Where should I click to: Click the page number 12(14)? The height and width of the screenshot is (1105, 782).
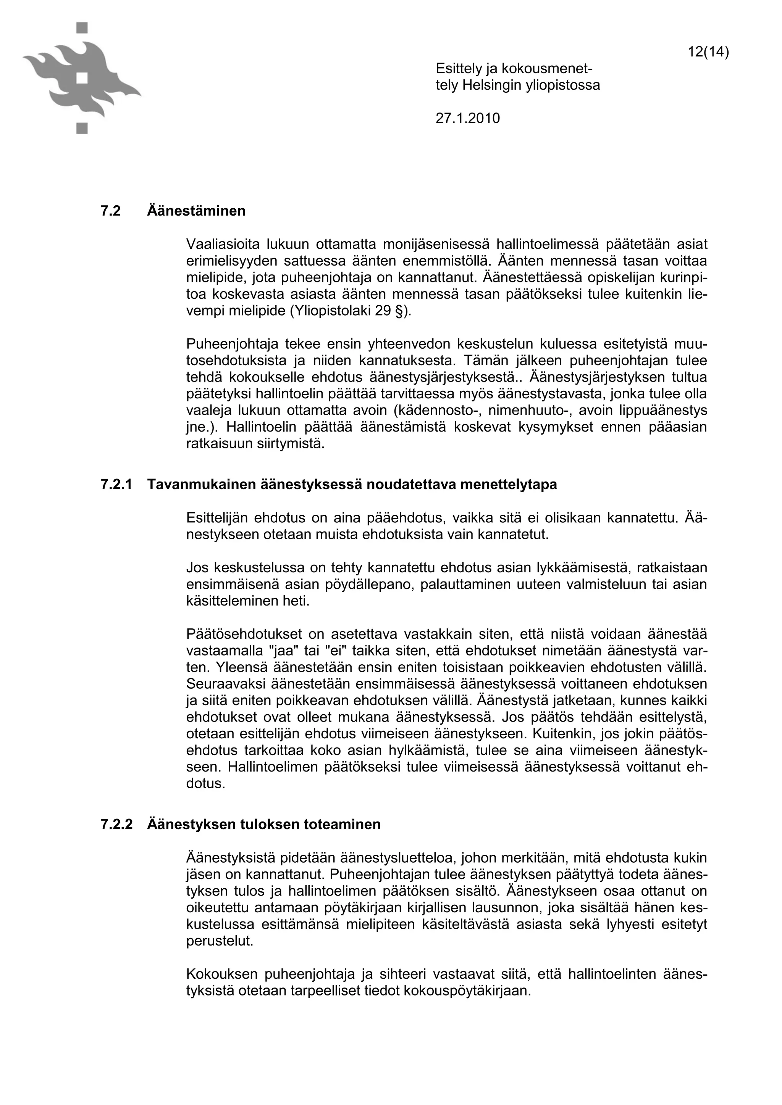pyautogui.click(x=708, y=52)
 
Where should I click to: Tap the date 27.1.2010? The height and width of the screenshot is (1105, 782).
pyautogui.click(x=468, y=118)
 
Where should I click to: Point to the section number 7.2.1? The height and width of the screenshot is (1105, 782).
pyautogui.click(x=116, y=484)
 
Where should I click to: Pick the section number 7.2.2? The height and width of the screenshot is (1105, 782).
pyautogui.click(x=116, y=825)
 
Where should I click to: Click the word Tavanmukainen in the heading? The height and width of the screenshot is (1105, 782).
pyautogui.click(x=201, y=484)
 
